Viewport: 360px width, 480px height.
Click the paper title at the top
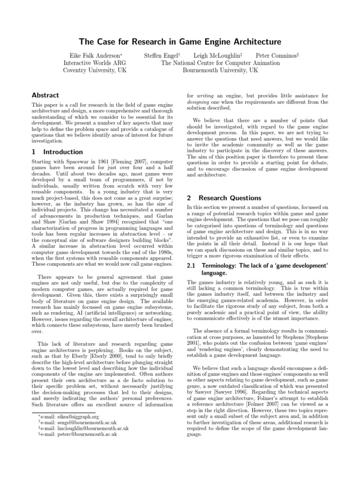(x=180, y=42)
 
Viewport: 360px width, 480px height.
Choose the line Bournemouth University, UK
(x=220, y=70)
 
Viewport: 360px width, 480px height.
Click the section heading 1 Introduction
(x=57, y=152)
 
